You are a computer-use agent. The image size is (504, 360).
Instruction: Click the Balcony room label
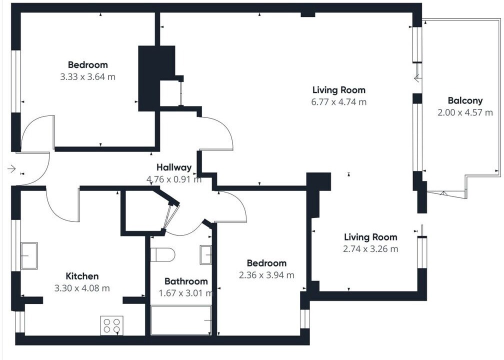click(465, 100)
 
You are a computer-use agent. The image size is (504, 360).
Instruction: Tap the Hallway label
click(174, 167)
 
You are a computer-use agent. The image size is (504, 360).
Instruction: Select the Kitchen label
click(82, 276)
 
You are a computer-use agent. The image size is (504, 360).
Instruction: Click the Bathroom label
click(186, 281)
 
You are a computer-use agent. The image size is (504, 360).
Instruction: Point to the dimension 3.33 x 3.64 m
click(88, 77)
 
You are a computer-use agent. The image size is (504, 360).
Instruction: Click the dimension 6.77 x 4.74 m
click(339, 102)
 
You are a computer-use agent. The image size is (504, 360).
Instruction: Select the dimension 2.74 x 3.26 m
click(370, 249)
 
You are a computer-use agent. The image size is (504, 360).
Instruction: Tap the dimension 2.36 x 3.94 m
click(266, 275)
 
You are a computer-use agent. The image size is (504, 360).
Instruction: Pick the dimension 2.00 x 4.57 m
click(465, 112)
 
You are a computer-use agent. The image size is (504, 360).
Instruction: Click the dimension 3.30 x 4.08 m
click(82, 288)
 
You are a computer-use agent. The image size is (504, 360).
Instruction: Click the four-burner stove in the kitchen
click(112, 325)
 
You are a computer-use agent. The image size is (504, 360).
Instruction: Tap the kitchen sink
click(29, 256)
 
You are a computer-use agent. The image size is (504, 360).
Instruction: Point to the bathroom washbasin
click(205, 255)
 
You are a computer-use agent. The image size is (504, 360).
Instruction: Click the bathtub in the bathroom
click(181, 320)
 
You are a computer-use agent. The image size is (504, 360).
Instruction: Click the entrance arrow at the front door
click(11, 168)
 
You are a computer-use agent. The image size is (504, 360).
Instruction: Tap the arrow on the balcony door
click(417, 77)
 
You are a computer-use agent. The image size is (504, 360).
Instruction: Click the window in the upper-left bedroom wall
click(16, 81)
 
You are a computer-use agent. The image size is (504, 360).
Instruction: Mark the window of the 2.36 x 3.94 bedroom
click(304, 319)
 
